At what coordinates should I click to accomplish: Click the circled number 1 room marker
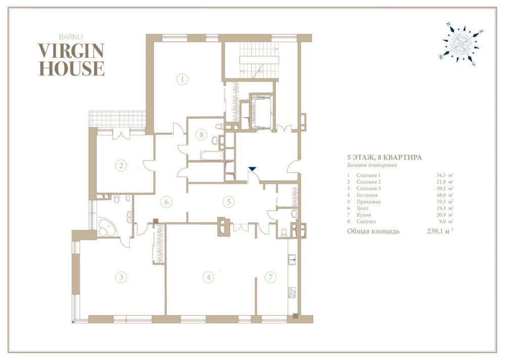click(182, 79)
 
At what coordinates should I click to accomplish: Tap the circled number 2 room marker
click(121, 166)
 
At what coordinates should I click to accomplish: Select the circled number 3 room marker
click(121, 277)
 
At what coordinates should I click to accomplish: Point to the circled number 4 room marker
click(208, 277)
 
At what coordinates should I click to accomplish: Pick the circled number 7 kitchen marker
click(270, 277)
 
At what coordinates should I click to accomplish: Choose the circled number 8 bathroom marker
click(202, 134)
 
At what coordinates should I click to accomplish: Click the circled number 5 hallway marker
click(229, 202)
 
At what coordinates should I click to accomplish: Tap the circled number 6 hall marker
click(166, 202)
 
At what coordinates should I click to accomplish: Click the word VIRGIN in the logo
click(71, 51)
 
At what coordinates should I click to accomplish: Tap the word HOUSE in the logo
click(71, 68)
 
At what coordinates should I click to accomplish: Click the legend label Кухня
click(364, 215)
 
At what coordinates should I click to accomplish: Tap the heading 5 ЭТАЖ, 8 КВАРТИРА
click(385, 157)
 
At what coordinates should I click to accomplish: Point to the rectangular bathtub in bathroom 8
click(212, 155)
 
